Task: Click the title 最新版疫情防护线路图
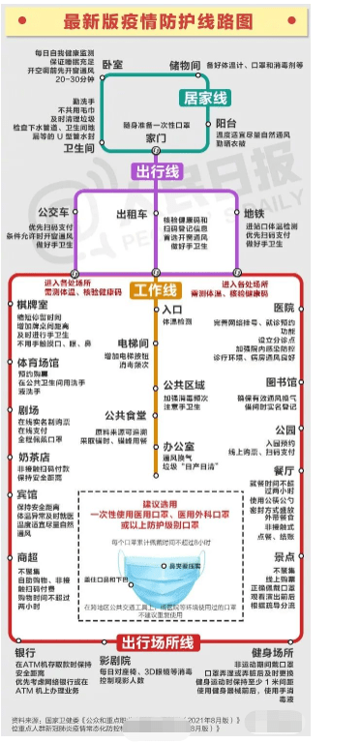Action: click(179, 21)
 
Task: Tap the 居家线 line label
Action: click(205, 98)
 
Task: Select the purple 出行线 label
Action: click(156, 172)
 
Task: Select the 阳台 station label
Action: click(226, 124)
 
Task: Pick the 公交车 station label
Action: click(53, 212)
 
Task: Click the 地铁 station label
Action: click(254, 212)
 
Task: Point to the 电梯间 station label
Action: click(132, 343)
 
